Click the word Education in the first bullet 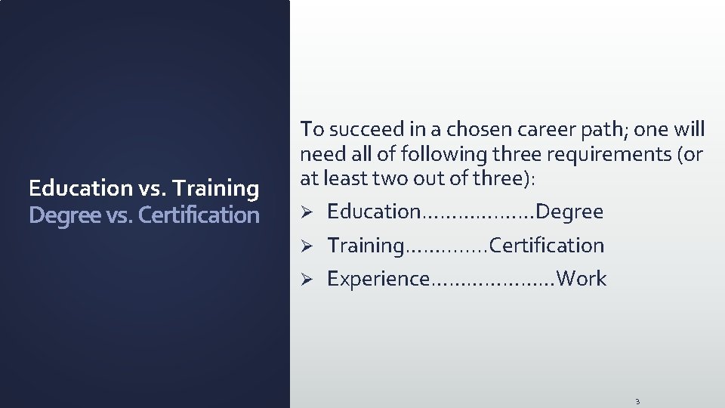click(373, 212)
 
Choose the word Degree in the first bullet click(570, 212)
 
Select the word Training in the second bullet click(366, 246)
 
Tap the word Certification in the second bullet click(548, 246)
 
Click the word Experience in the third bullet click(378, 279)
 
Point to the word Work click(582, 279)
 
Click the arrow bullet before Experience click(307, 280)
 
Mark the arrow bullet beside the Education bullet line click(307, 212)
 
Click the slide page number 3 click(637, 401)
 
